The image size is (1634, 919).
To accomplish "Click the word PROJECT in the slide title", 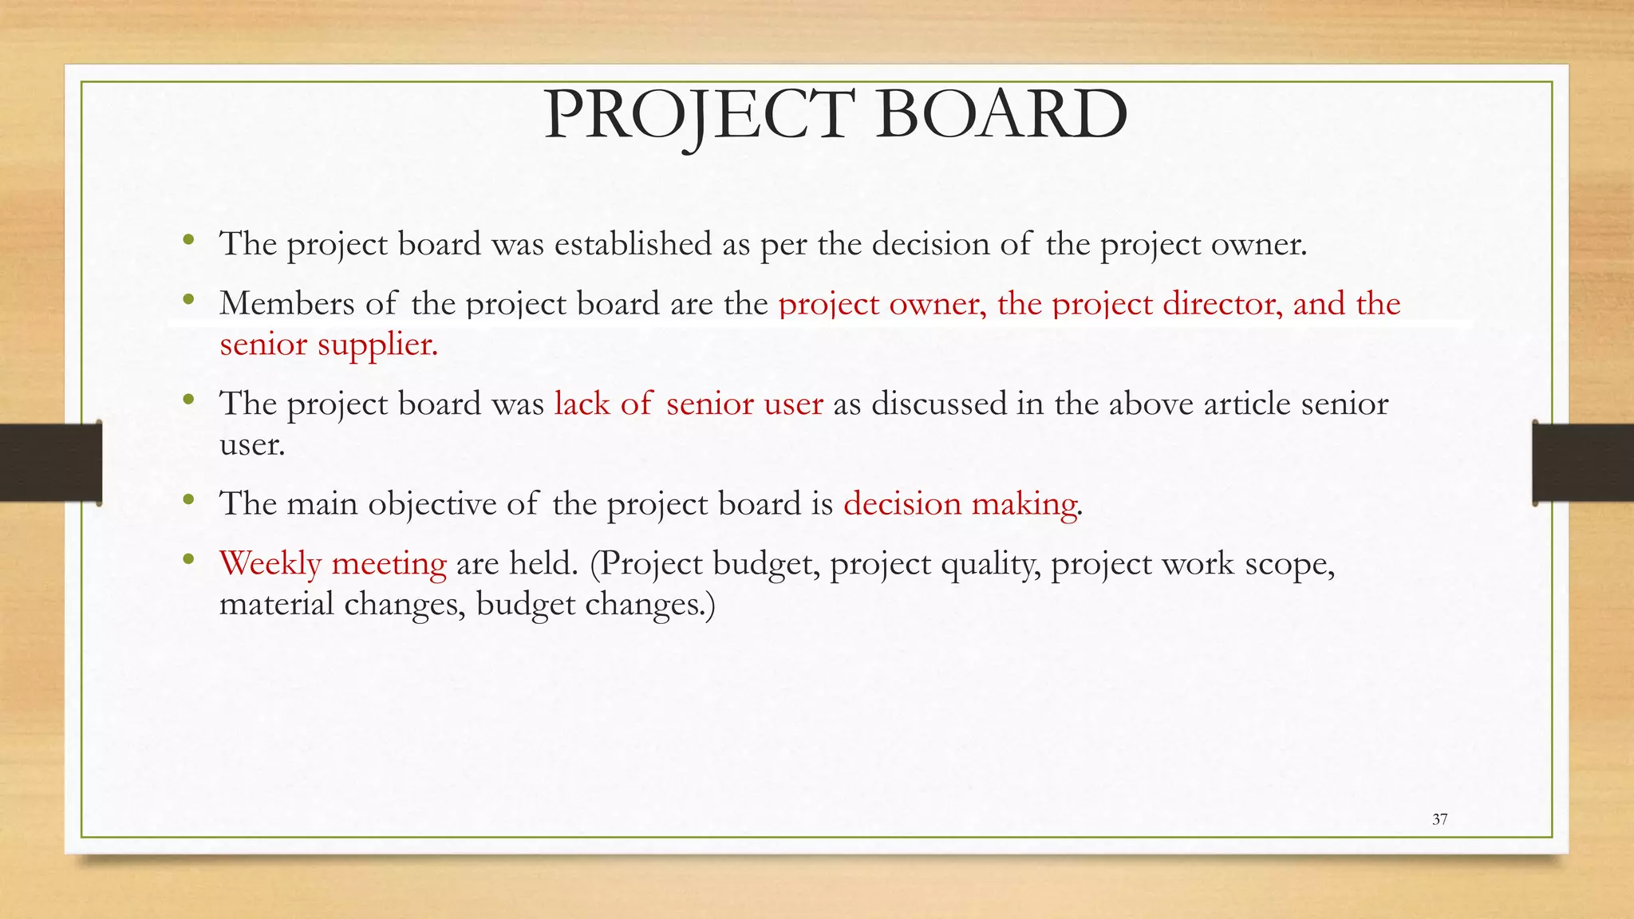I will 699,116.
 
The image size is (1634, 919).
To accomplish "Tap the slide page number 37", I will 1439,819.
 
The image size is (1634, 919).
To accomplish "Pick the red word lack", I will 582,404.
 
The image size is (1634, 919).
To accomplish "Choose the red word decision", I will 902,504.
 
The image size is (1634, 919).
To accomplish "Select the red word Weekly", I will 270,564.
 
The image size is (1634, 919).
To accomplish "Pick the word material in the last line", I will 276,604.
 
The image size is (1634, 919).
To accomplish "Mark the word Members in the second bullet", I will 286,304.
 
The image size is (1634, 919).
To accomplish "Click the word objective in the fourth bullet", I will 432,504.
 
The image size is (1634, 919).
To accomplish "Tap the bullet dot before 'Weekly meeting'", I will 188,560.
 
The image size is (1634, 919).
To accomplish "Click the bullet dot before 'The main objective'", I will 188,500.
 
